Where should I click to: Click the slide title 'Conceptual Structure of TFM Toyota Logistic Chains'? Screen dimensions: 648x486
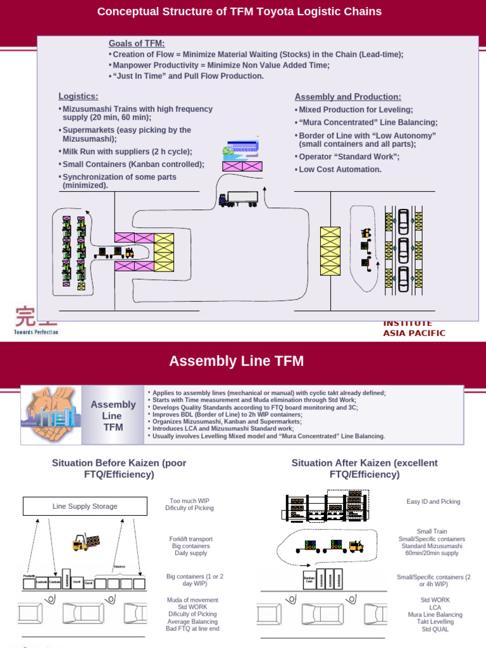tap(239, 12)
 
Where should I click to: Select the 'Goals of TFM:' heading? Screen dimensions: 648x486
tap(136, 43)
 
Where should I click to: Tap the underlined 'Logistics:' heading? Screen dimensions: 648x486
tap(78, 96)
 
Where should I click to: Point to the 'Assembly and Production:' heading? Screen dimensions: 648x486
tap(347, 97)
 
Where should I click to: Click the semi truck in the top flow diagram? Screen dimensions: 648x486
tap(238, 199)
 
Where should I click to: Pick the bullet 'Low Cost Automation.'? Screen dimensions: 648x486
tap(340, 170)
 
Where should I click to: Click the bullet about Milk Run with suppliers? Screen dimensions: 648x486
tap(127, 152)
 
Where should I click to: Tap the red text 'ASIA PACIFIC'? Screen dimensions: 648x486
tap(414, 333)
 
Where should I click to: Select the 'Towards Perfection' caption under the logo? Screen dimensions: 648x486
tap(36, 332)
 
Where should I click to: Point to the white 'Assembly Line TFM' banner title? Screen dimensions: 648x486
tap(236, 361)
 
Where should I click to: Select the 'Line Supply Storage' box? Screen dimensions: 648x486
tap(85, 506)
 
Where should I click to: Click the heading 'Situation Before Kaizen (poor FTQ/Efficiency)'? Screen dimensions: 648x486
tap(119, 468)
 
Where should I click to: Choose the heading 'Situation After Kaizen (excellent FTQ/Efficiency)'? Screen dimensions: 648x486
tap(364, 468)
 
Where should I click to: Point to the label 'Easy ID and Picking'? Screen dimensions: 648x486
tap(433, 501)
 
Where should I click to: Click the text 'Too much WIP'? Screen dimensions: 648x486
tap(190, 501)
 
